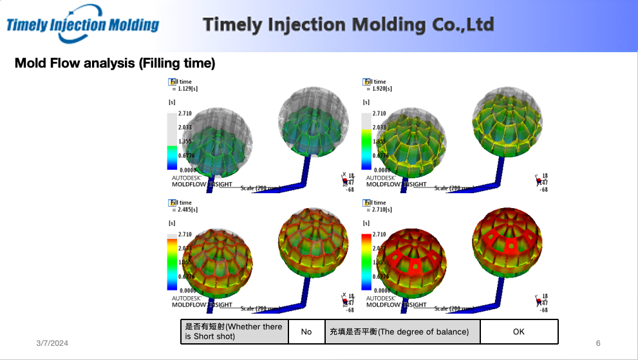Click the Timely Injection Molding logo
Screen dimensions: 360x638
tap(82, 24)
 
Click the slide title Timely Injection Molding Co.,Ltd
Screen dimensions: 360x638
tap(348, 25)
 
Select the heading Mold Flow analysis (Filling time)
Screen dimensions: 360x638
tap(115, 63)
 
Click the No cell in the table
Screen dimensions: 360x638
tap(306, 332)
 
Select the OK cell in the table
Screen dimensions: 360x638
tap(519, 332)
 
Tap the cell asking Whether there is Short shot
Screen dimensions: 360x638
tap(234, 332)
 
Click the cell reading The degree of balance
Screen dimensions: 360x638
tap(402, 332)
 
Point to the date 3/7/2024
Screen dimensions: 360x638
tap(52, 343)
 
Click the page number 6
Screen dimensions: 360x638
tap(598, 343)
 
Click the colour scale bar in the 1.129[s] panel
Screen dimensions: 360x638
tap(172, 141)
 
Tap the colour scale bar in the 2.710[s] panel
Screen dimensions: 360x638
tap(366, 262)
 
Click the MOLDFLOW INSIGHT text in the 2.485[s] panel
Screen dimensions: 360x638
tap(202, 305)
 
